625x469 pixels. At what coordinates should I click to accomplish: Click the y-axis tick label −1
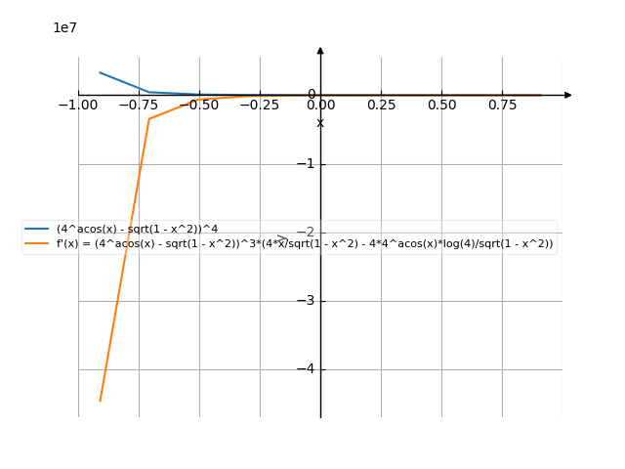point(306,164)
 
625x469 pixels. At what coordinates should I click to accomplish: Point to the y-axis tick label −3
point(306,301)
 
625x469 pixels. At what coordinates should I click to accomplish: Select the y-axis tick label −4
point(306,369)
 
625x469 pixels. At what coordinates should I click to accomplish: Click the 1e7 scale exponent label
point(64,28)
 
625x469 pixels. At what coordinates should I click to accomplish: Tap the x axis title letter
point(320,122)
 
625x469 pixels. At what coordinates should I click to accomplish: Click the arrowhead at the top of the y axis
point(320,49)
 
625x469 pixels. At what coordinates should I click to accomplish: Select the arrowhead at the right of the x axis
point(567,95)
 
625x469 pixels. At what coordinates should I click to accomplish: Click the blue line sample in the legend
point(38,229)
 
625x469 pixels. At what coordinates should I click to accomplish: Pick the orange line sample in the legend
point(38,244)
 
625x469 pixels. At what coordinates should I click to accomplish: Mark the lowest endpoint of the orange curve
point(101,401)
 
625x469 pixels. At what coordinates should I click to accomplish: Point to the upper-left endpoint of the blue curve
point(100,72)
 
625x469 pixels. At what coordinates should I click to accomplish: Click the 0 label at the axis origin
point(312,95)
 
